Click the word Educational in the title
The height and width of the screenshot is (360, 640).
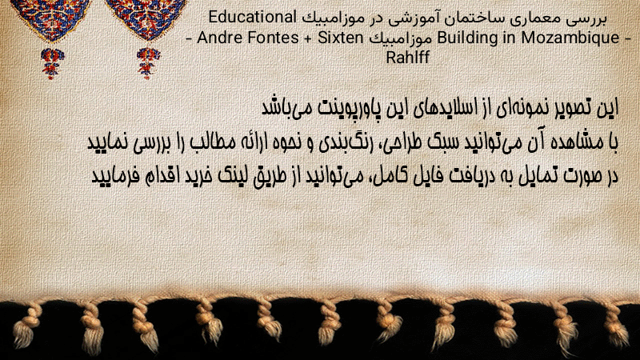click(252, 18)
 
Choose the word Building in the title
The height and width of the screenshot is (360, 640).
click(467, 38)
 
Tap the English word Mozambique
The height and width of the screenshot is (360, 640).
click(570, 38)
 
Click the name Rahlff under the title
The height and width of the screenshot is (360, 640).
click(408, 58)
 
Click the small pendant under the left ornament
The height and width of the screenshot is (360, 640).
click(52, 63)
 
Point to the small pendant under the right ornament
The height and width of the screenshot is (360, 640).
click(148, 62)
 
